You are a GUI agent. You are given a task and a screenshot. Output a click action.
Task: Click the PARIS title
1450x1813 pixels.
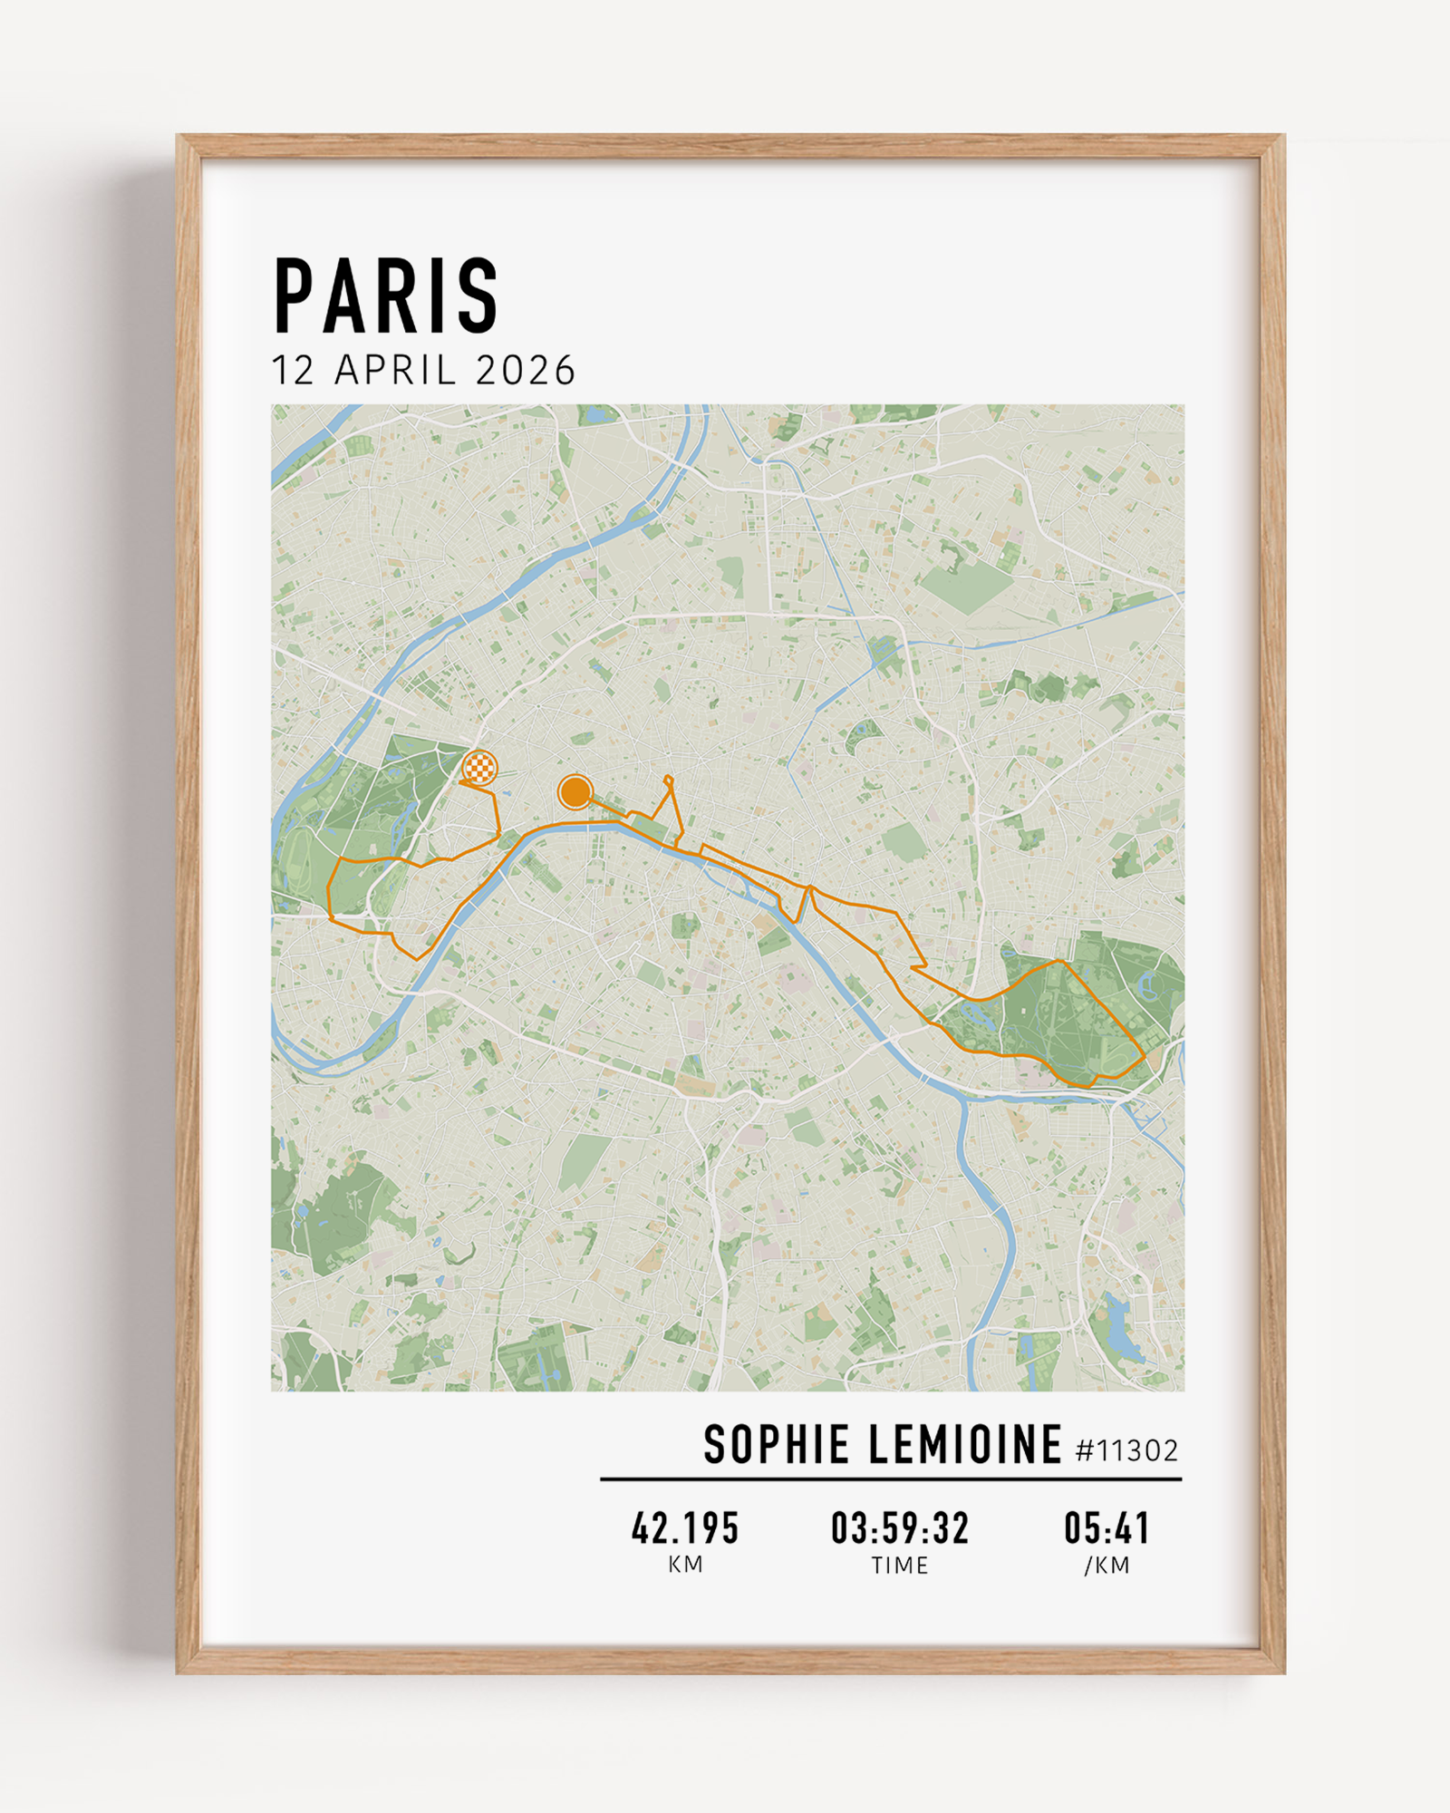click(386, 296)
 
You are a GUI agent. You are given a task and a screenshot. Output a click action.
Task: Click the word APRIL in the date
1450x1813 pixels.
click(395, 371)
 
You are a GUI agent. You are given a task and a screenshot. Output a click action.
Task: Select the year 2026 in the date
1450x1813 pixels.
click(526, 371)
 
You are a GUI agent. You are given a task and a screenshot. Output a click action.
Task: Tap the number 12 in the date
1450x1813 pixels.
click(293, 371)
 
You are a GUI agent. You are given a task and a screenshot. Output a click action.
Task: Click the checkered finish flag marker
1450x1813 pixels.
click(479, 768)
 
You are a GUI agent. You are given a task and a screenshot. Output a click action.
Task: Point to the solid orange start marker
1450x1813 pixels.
click(575, 791)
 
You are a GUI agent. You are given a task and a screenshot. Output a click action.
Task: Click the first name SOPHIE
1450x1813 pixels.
click(776, 1445)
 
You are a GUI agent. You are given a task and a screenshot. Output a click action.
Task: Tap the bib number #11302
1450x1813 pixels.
click(1126, 1451)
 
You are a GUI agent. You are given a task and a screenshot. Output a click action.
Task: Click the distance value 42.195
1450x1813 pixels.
click(685, 1527)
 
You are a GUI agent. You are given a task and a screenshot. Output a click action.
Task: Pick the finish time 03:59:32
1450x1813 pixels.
click(900, 1527)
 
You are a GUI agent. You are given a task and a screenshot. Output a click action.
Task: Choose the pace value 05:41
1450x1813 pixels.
click(1107, 1527)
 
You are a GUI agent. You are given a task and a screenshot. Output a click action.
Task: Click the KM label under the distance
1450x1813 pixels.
click(685, 1565)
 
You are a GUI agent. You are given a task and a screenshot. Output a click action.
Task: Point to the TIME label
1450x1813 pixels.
click(900, 1566)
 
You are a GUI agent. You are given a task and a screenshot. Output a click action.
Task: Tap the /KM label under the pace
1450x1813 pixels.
click(1107, 1566)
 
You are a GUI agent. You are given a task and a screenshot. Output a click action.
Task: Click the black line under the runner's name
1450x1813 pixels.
click(891, 1479)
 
